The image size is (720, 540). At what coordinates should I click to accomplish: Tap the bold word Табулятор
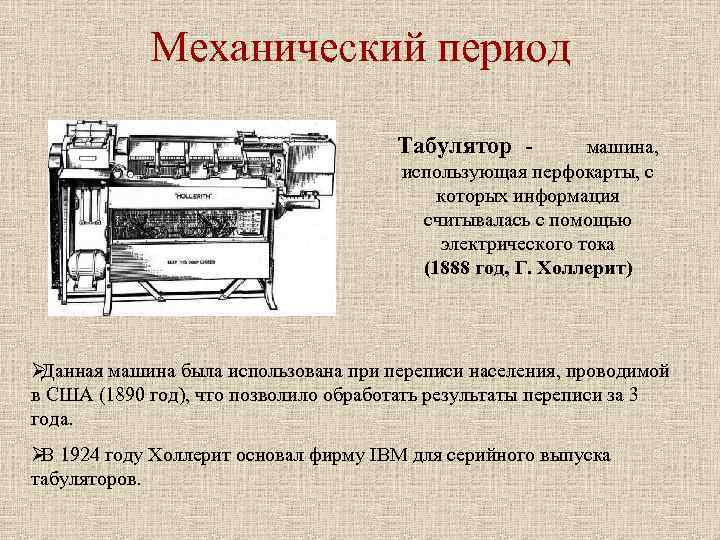click(456, 147)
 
